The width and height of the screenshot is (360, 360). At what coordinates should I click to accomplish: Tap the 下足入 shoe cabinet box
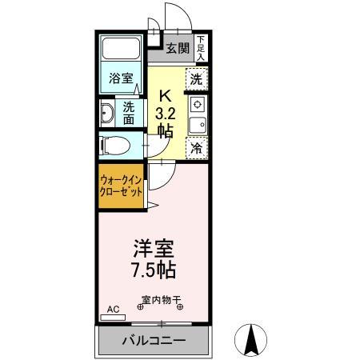coord(201,49)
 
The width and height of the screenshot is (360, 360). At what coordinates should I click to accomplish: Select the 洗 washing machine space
coord(197,79)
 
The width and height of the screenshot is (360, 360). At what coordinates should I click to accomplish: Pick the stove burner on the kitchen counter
coord(197,105)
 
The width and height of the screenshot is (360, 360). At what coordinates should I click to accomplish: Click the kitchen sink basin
coord(197,124)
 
